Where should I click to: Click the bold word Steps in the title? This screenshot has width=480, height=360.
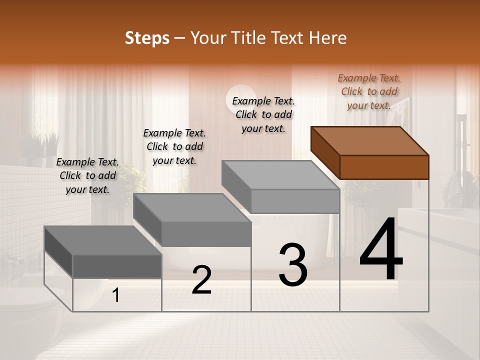(147, 38)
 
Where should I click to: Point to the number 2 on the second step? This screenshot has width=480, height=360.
(201, 280)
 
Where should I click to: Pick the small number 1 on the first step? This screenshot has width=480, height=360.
(116, 295)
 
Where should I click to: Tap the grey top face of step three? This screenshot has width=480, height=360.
(280, 175)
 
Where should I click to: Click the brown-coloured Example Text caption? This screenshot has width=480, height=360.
(369, 91)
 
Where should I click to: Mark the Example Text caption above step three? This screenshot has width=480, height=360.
(263, 114)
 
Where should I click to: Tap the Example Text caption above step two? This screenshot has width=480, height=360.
(174, 146)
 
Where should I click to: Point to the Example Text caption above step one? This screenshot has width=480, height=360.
(87, 175)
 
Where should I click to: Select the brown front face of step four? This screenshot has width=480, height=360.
(384, 167)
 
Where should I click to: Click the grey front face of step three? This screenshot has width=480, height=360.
(295, 201)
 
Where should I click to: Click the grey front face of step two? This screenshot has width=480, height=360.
(206, 234)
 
